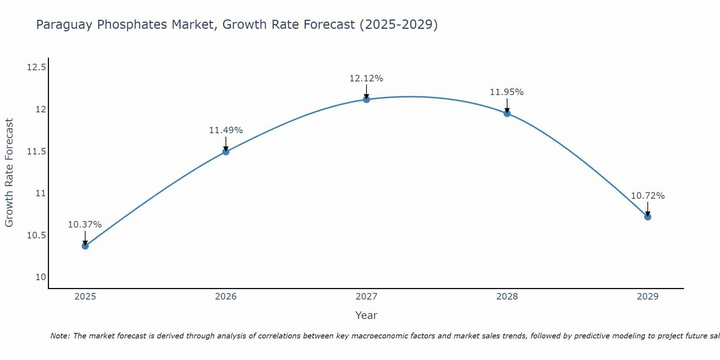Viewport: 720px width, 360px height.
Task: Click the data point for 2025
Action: point(85,246)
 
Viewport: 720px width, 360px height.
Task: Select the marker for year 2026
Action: point(226,152)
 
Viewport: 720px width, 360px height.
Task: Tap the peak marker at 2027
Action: point(366,99)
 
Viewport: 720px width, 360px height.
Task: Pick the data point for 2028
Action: point(507,113)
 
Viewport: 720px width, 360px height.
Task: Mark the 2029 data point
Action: point(648,217)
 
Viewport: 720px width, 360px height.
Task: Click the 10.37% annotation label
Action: point(85,225)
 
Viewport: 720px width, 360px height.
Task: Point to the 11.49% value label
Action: point(226,130)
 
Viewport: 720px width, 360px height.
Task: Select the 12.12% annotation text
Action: point(366,78)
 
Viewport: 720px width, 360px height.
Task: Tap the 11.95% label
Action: point(507,92)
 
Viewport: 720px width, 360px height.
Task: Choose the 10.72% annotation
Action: point(648,196)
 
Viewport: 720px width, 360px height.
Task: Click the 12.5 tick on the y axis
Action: point(36,67)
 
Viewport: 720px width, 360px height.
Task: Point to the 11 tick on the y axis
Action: point(41,193)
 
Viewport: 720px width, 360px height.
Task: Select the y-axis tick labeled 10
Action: point(41,277)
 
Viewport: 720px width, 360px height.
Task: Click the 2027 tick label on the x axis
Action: point(366,297)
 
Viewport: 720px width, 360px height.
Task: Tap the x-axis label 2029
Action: point(648,297)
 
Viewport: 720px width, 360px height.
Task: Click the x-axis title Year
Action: point(366,315)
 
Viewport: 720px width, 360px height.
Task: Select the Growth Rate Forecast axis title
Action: point(9,173)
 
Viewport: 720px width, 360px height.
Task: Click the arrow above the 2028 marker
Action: point(507,105)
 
